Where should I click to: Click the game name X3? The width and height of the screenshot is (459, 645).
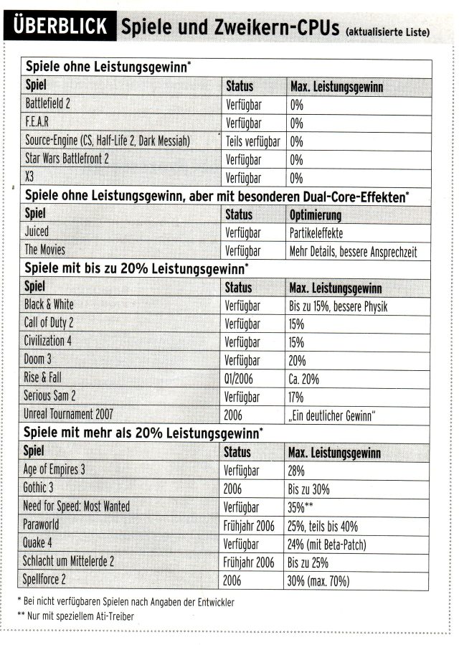pyautogui.click(x=30, y=177)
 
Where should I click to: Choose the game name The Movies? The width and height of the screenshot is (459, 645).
pyautogui.click(x=44, y=250)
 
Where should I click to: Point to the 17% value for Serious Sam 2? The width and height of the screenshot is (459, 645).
pyautogui.click(x=296, y=396)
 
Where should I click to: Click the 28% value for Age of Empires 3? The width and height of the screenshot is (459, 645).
pyautogui.click(x=296, y=471)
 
